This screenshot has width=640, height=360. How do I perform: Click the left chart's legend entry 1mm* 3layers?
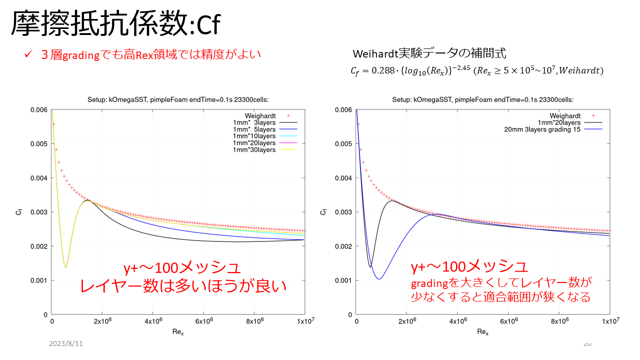point(254,122)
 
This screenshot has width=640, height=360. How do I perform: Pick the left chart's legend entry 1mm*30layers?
point(254,149)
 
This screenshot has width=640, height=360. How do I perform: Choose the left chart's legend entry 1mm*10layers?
point(254,136)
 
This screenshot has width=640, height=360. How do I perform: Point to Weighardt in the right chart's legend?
point(565,115)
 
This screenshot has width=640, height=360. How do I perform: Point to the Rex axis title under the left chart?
point(178,331)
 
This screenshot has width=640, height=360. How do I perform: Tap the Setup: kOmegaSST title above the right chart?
point(482,99)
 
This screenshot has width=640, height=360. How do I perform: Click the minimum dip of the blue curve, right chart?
point(379,278)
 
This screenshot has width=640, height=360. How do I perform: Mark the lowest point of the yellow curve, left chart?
point(65,267)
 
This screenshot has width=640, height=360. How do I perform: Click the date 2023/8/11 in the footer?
point(66,344)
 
